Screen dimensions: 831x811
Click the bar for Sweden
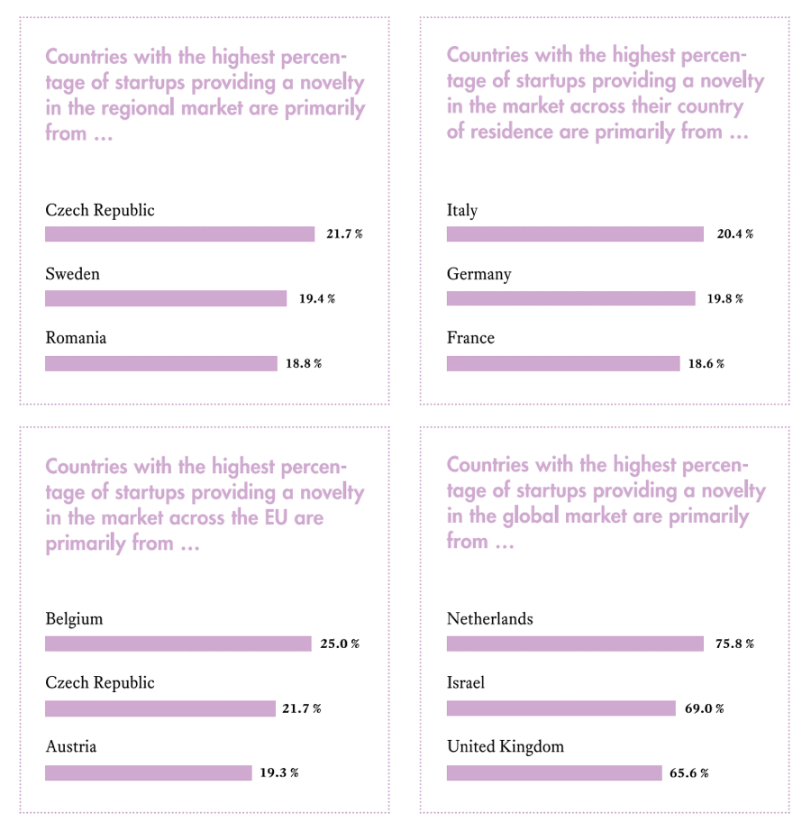166,298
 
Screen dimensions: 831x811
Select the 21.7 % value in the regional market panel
344,234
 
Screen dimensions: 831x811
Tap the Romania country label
76,338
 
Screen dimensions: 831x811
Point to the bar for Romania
161,363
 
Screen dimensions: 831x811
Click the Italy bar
575,234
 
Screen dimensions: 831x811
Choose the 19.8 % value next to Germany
724,298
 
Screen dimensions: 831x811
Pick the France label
470,338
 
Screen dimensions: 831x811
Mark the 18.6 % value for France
706,363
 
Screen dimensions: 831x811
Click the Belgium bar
178,644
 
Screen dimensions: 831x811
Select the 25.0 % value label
340,644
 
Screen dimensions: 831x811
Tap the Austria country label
71,746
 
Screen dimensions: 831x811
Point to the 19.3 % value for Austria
279,772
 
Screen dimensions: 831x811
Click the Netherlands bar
575,644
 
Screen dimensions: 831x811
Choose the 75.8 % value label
734,644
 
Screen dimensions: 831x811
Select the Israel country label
466,682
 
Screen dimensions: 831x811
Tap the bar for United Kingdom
554,772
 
